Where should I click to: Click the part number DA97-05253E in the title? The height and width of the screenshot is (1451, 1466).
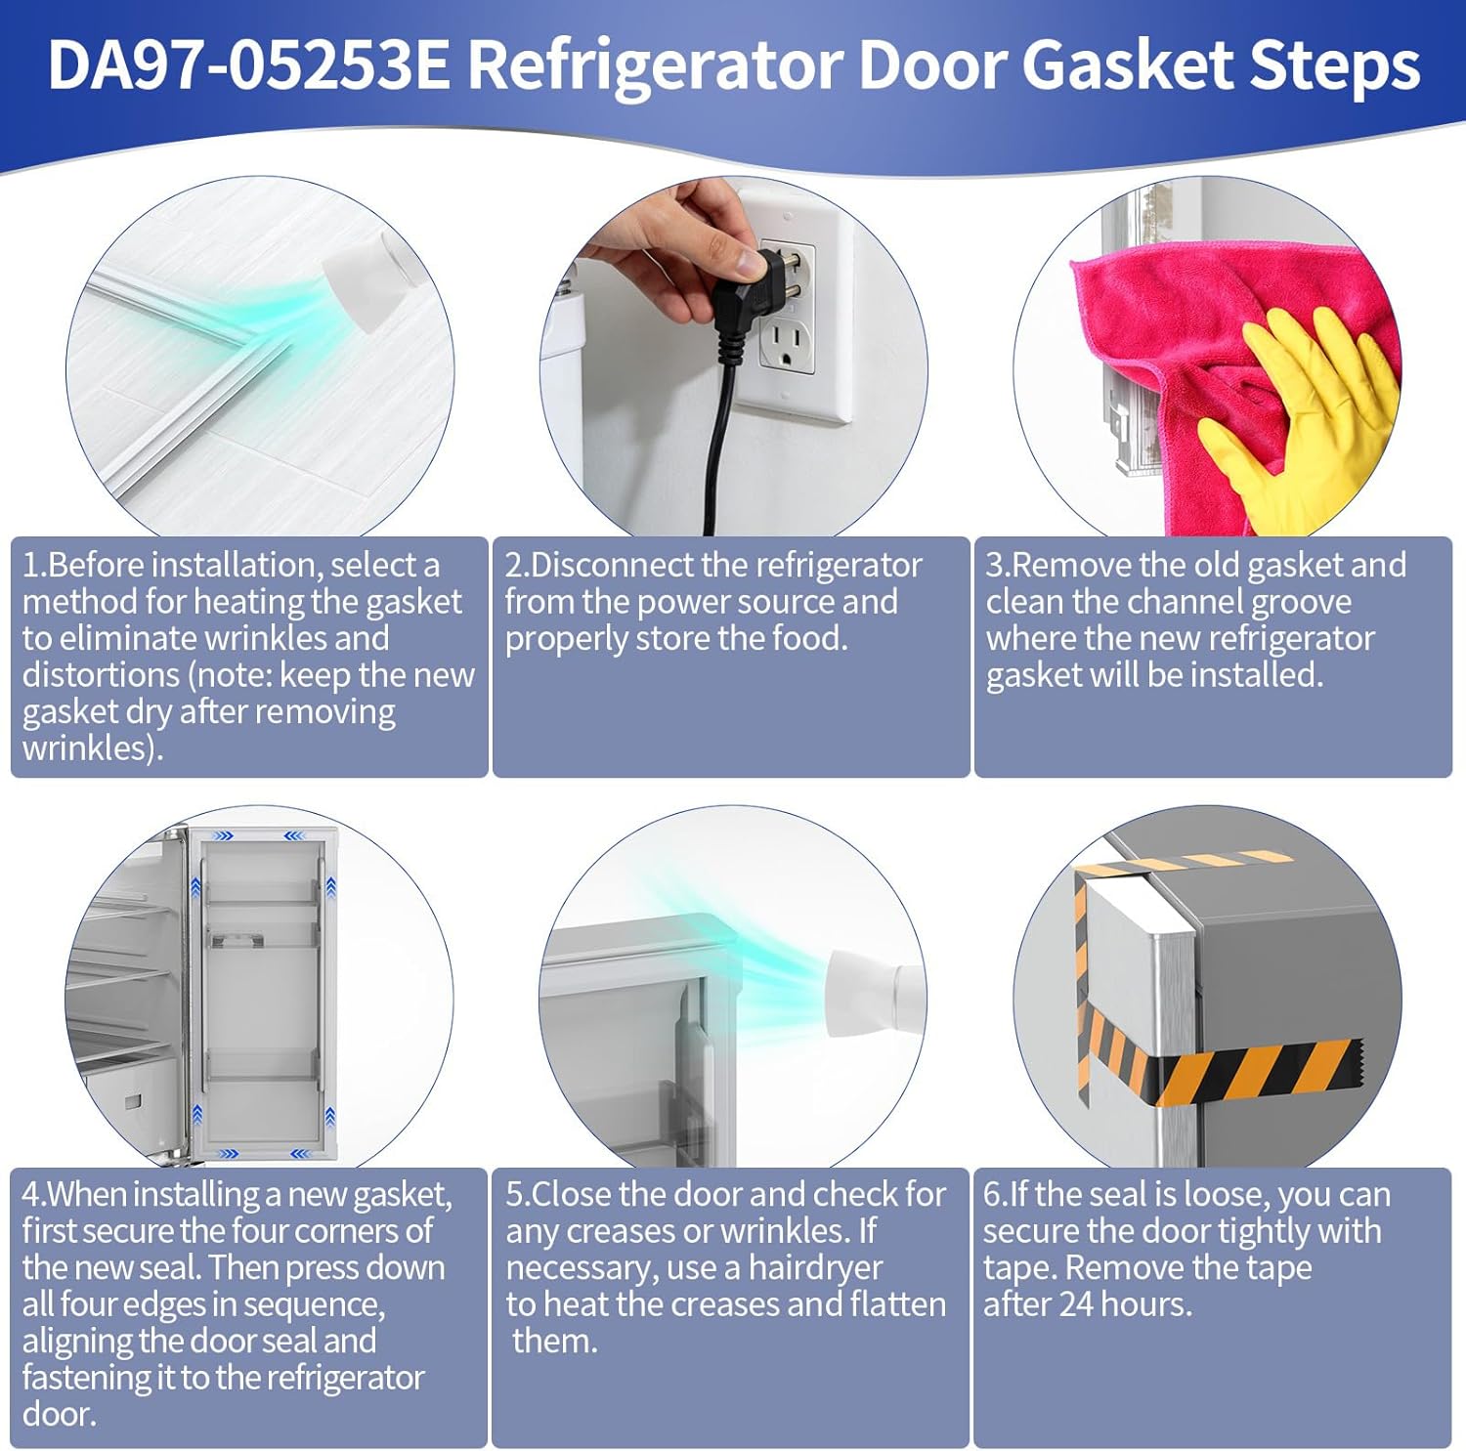tap(249, 66)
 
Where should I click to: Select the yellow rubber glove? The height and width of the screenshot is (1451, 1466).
tap(1310, 420)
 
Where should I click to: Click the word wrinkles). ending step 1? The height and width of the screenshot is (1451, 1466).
tap(93, 748)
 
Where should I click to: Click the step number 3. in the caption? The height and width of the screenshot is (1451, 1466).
tap(998, 566)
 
